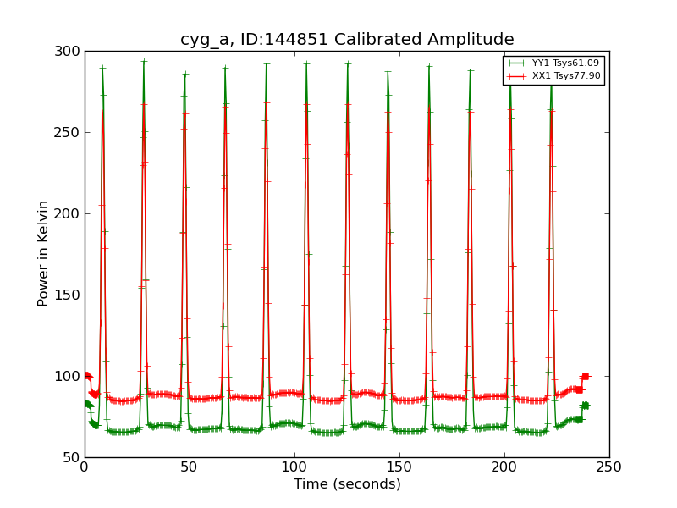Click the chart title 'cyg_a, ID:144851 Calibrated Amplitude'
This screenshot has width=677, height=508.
click(x=347, y=40)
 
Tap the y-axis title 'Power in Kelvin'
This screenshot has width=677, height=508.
click(x=43, y=254)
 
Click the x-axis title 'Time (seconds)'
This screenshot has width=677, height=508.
click(x=347, y=484)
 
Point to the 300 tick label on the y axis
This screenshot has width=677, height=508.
click(x=70, y=52)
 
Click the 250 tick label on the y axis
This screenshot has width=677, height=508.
click(x=70, y=133)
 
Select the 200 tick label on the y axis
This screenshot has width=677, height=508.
click(x=70, y=214)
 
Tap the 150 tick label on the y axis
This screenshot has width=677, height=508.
click(x=70, y=295)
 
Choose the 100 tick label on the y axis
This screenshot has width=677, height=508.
click(x=70, y=377)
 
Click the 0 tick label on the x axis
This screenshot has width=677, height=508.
click(x=85, y=467)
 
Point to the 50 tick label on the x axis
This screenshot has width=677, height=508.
click(x=190, y=467)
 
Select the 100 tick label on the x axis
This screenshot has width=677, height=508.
click(x=294, y=467)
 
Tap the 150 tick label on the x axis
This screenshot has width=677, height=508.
click(x=399, y=467)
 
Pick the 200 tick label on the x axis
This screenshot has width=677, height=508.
click(x=504, y=467)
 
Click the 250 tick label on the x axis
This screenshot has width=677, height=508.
click(x=609, y=467)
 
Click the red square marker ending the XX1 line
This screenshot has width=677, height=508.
click(x=585, y=376)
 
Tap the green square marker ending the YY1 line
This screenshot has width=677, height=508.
click(x=585, y=406)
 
